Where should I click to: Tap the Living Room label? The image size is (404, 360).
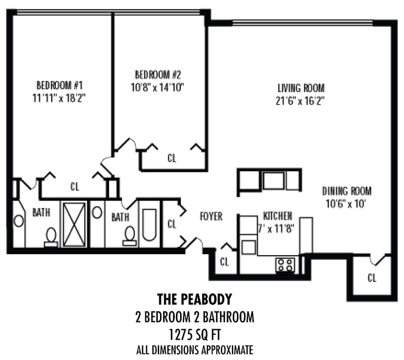pos(301,88)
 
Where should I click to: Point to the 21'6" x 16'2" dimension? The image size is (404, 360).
pos(301,101)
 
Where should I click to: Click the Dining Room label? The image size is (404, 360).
pos(347,191)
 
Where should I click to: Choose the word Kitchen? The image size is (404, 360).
pos(277,215)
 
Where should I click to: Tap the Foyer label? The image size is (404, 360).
pos(211,216)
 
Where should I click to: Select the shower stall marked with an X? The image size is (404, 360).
pos(73,224)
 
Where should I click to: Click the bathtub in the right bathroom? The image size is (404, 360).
pos(149,224)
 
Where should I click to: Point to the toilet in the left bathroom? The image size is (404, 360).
pos(51,236)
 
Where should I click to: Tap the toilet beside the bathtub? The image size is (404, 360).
pos(129,236)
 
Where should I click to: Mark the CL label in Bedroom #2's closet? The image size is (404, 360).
pos(172,158)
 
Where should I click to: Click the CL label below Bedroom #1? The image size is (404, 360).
pos(75,187)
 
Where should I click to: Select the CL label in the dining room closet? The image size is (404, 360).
pos(372,278)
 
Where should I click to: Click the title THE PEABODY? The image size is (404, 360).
pos(194,299)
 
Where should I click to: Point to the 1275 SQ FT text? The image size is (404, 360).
pos(194,335)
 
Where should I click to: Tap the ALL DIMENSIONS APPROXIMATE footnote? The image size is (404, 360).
pos(194,350)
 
